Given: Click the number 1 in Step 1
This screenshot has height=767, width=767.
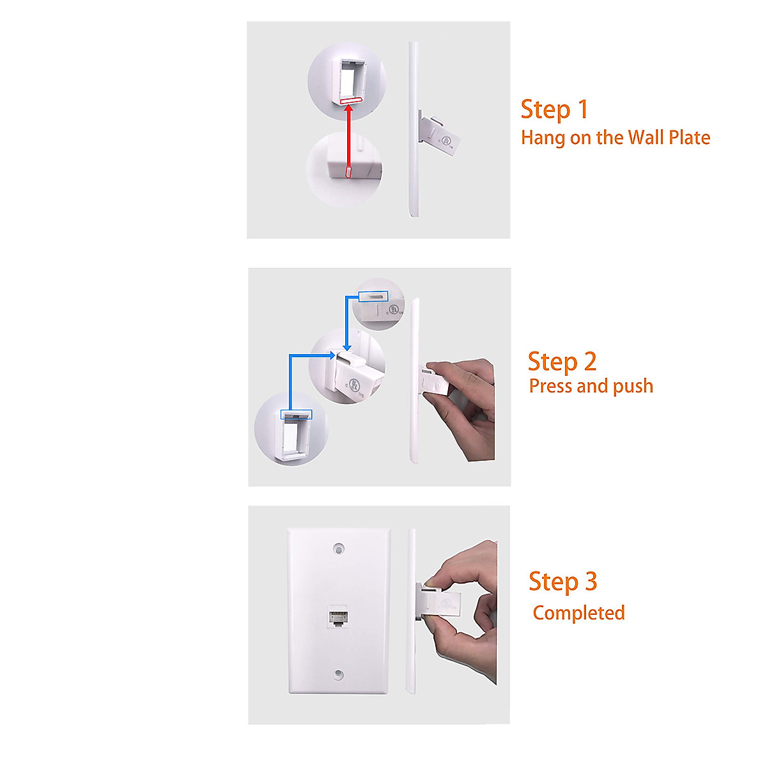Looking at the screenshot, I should coord(582,109).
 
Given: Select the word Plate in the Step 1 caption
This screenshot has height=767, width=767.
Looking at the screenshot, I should coord(689,137).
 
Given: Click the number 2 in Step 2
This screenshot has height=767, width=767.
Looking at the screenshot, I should coord(589,362).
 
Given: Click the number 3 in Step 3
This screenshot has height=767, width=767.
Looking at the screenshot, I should coord(591,582).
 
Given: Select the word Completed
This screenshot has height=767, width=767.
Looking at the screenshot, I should coord(578,613).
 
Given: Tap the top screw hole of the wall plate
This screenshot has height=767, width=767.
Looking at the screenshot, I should coord(339,548).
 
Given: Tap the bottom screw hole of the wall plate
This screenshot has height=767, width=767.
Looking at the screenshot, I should coord(339,675).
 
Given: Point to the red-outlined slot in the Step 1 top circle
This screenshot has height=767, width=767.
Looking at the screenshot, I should coord(350,100).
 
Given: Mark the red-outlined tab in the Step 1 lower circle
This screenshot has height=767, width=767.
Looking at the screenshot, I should coord(348,172).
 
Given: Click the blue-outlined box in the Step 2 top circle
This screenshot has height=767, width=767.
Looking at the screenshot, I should coord(373,296).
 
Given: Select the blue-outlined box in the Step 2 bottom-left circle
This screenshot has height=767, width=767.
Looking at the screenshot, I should coord(297,414).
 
